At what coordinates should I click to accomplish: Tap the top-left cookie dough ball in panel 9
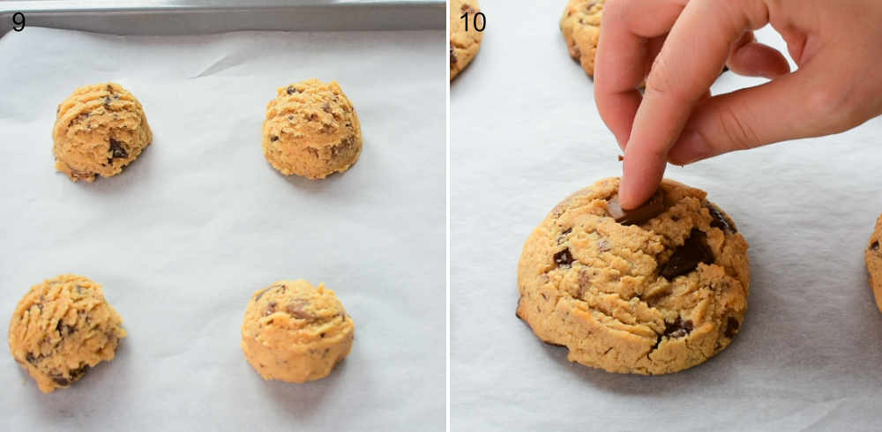click(101, 132)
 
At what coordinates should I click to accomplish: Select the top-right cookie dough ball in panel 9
click(311, 129)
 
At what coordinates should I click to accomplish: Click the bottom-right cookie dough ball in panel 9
click(297, 330)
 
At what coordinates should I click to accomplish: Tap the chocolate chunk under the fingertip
click(637, 212)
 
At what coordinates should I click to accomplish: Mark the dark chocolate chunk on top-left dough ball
click(117, 149)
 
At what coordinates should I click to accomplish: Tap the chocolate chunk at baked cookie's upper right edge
click(720, 219)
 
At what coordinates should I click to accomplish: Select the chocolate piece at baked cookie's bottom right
click(677, 329)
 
